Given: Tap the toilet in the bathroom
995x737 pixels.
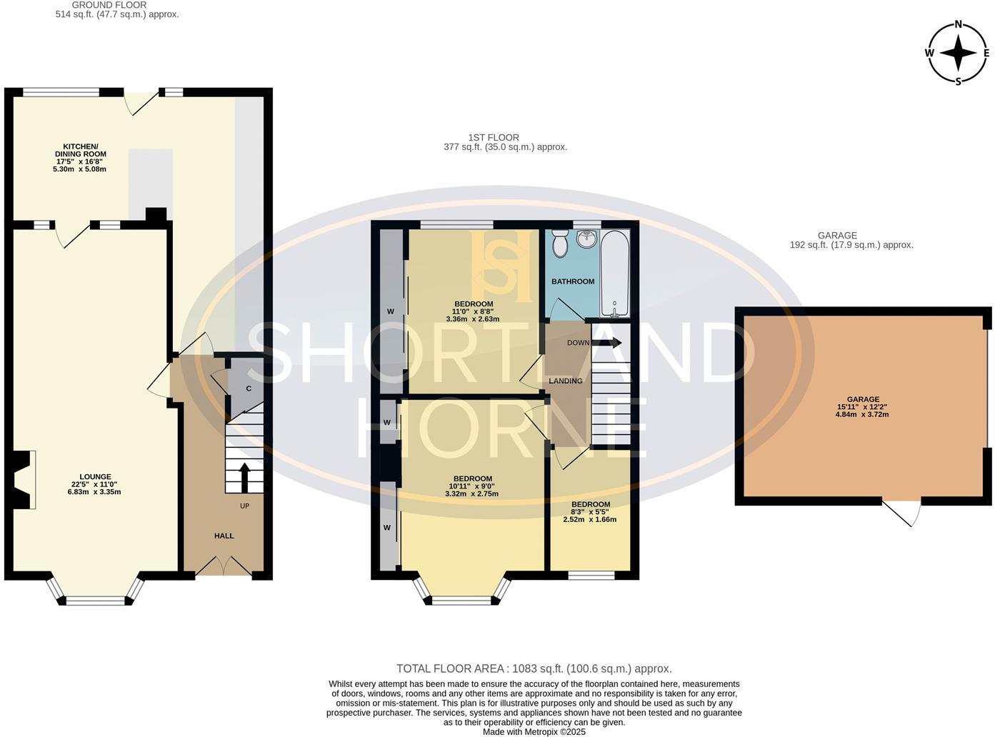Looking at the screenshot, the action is click(560, 244).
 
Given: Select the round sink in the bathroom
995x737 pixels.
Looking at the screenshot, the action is click(586, 239).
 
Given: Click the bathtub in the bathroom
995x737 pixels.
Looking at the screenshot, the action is click(615, 274).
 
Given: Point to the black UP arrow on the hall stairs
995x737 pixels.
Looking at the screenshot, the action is click(244, 478).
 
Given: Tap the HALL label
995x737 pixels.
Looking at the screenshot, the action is click(224, 536).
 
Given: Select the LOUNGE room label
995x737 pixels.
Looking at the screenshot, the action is click(95, 476).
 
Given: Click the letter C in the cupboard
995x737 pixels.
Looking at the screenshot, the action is click(248, 388).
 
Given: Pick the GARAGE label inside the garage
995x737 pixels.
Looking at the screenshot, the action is click(863, 398).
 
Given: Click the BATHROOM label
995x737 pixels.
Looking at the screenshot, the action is click(573, 281).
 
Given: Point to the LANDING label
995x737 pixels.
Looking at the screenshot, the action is click(566, 381).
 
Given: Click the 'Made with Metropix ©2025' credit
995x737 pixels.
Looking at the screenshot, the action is click(534, 731).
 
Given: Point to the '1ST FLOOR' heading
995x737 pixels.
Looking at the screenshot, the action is click(494, 137).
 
